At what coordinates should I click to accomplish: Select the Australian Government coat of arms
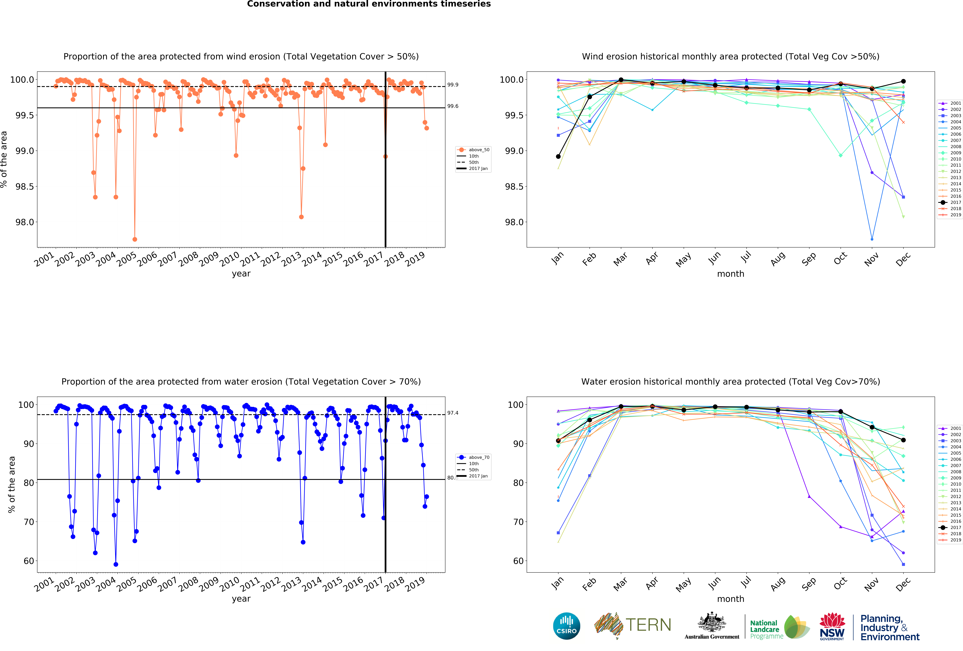click(711, 622)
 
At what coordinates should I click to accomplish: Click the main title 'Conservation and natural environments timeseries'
click(369, 4)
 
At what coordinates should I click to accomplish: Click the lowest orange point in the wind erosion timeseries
click(135, 239)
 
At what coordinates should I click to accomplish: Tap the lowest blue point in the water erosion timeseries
click(116, 564)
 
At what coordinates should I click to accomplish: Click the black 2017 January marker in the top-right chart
click(558, 156)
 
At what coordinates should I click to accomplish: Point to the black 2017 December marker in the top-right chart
click(903, 81)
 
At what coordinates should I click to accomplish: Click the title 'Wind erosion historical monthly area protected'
click(731, 56)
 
